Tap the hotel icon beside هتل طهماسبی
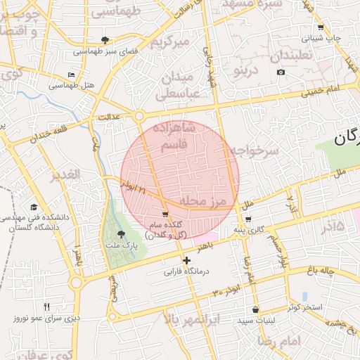pyautogui.click(x=70, y=75)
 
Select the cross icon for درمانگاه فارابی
pyautogui.click(x=186, y=261)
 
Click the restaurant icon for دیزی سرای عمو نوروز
pyautogui.click(x=46, y=307)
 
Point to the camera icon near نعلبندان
pyautogui.click(x=281, y=72)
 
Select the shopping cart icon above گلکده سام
pyautogui.click(x=165, y=214)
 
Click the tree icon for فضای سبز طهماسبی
pyautogui.click(x=105, y=39)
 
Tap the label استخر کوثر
pyautogui.click(x=304, y=308)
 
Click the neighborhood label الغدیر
pyautogui.click(x=64, y=174)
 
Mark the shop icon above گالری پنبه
pyautogui.click(x=248, y=219)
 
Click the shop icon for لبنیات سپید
pyautogui.click(x=255, y=309)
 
